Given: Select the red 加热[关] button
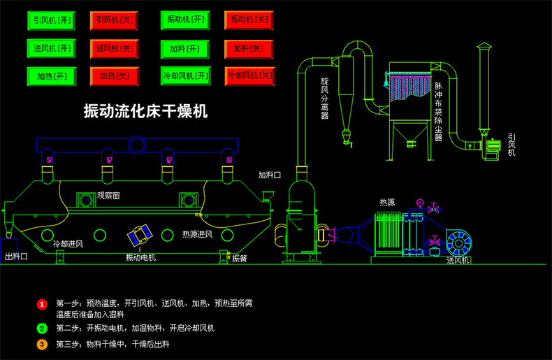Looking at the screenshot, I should point(115,76).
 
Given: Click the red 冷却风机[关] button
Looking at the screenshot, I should point(249,75).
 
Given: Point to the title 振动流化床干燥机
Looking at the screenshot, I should point(145,110).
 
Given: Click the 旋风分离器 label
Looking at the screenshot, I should point(324,97).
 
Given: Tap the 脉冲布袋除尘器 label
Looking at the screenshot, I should point(439,112).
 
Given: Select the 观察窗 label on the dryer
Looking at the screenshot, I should point(108,196).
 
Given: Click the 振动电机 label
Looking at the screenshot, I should point(140,258).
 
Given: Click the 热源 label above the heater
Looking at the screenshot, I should point(387,202).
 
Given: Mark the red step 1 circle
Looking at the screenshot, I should point(42,304).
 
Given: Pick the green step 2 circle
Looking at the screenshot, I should point(42,328).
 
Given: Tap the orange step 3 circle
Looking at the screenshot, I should point(42,345).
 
